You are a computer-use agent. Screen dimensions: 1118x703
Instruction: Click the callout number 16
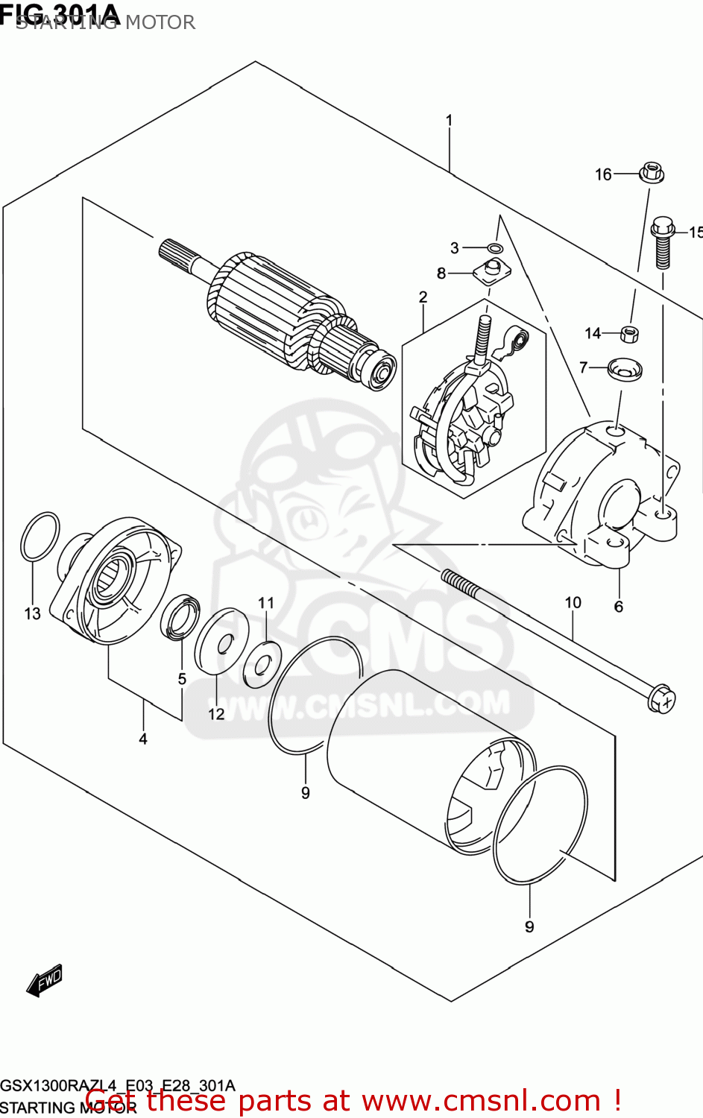click(x=602, y=174)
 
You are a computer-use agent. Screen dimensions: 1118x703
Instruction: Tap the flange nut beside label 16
click(x=652, y=173)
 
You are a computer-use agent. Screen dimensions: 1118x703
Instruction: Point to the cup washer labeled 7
click(x=624, y=368)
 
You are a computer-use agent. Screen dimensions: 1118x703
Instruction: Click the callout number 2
click(x=423, y=297)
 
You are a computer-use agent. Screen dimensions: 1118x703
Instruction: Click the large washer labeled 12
click(x=222, y=639)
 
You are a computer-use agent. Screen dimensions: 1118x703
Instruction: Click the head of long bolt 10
click(x=661, y=699)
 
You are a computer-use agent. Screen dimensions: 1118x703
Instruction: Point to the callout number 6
click(x=618, y=607)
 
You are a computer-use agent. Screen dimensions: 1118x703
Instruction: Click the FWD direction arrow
click(x=45, y=982)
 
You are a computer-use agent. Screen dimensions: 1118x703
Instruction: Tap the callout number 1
click(x=449, y=120)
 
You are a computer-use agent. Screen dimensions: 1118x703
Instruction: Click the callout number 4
click(x=142, y=739)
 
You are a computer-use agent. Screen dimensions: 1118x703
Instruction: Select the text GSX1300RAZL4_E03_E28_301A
click(x=118, y=1085)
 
